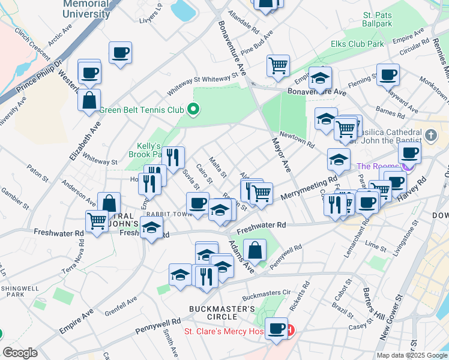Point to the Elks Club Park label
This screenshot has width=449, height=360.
tap(357, 44)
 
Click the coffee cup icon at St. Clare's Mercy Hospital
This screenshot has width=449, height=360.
tap(277, 328)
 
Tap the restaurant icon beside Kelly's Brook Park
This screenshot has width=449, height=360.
tap(173, 157)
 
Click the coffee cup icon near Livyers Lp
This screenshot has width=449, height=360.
tap(120, 52)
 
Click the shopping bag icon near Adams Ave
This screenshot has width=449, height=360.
tap(255, 250)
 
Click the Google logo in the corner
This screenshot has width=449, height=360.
tap(20, 353)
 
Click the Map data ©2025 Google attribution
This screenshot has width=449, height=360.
tap(411, 355)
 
